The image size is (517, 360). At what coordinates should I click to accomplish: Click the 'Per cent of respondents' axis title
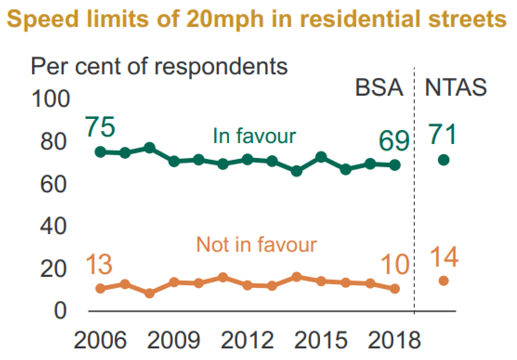coord(159,66)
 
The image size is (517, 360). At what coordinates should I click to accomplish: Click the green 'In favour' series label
coord(254,136)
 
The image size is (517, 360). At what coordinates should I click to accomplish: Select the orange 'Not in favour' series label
coord(256,244)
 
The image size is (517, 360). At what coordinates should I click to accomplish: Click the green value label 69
coord(394,140)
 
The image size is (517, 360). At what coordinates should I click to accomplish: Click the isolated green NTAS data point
coord(444,160)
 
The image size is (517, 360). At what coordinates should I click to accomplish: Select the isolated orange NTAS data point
coord(444,281)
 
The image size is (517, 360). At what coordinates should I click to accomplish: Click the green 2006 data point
coord(100,151)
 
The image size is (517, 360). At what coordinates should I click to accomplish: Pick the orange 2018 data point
coord(395,288)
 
